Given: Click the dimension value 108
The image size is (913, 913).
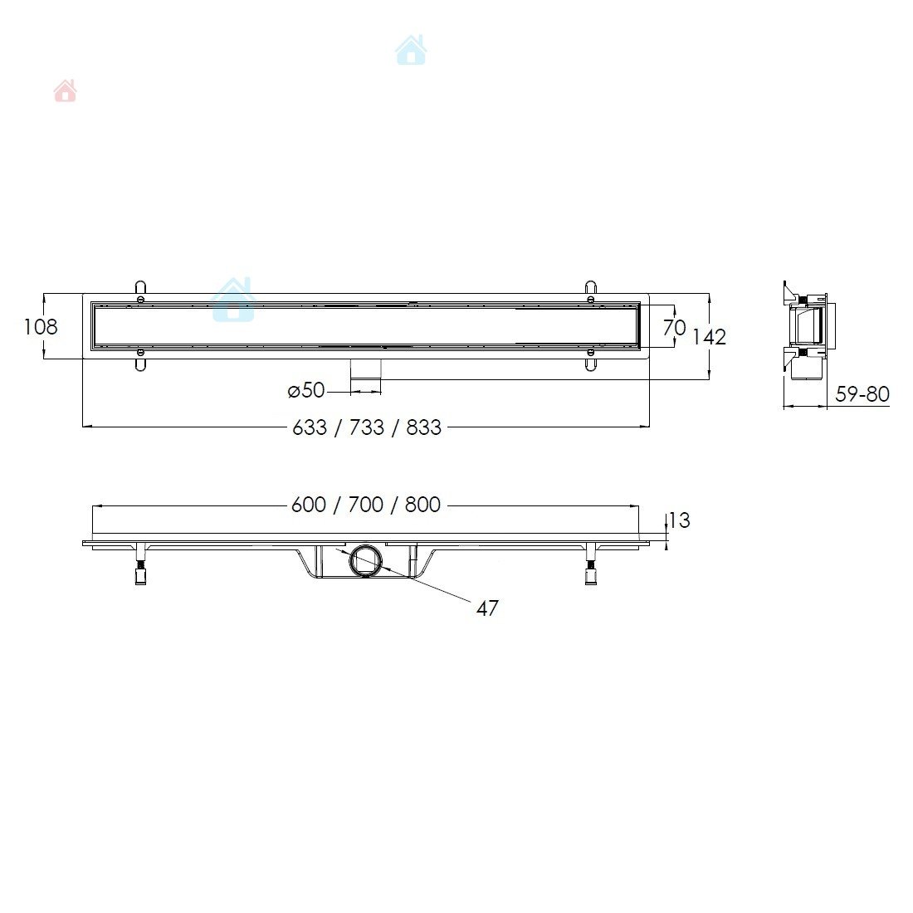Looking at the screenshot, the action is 40,327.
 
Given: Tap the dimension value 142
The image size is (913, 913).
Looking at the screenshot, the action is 709,337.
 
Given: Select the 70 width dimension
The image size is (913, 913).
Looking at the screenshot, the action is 674,327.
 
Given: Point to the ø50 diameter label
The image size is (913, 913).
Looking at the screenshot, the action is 306,390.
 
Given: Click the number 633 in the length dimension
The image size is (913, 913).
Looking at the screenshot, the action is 310,427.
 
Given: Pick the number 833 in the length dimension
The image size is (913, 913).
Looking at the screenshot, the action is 424,427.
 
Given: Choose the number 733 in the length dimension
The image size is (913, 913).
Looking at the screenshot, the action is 367,427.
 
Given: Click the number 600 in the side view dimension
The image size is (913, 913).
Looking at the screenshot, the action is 308,505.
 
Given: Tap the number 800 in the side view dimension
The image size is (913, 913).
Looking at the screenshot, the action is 422,505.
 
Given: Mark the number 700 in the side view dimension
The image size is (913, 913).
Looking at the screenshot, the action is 366,505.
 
